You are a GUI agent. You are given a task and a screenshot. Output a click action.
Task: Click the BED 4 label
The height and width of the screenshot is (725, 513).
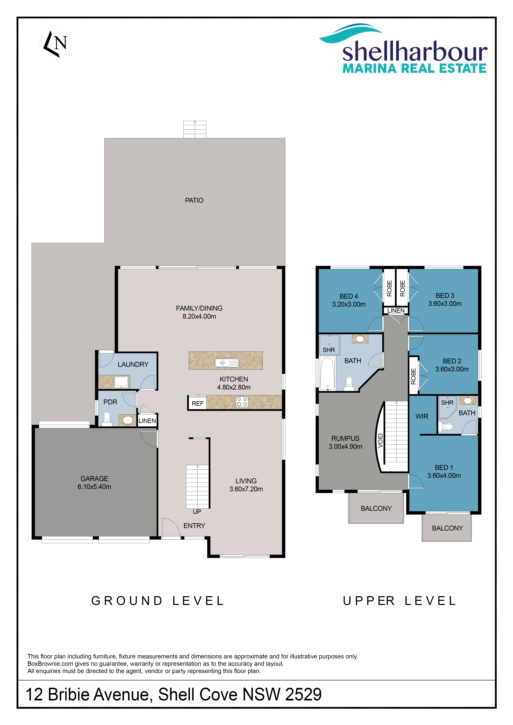349,296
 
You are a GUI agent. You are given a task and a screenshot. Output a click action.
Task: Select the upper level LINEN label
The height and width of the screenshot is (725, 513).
396,310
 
